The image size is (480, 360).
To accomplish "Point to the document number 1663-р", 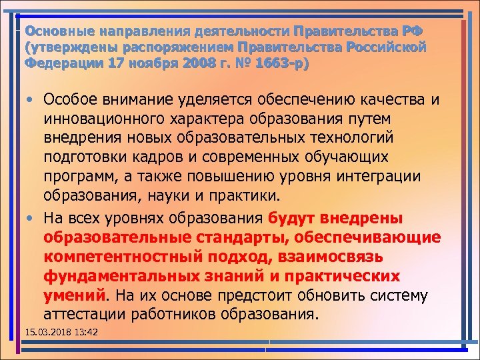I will (x=283, y=65).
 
